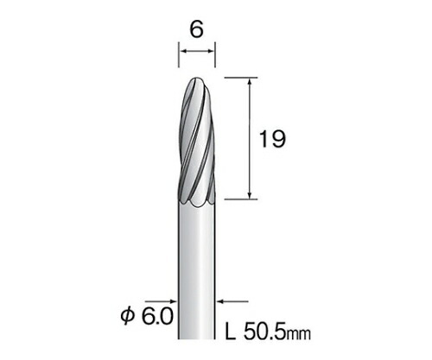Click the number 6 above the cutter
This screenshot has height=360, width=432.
click(x=197, y=29)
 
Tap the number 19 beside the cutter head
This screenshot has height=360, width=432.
click(x=272, y=139)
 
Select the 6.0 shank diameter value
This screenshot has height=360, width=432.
click(x=157, y=317)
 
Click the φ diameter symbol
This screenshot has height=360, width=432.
click(x=128, y=317)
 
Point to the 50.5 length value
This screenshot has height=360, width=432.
click(x=264, y=333)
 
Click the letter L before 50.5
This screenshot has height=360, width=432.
click(x=231, y=333)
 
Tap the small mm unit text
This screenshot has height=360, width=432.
click(x=298, y=335)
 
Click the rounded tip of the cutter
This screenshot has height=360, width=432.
click(x=197, y=79)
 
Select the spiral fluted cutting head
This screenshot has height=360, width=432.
click(x=196, y=142)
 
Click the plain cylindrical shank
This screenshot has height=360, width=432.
click(x=197, y=270)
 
